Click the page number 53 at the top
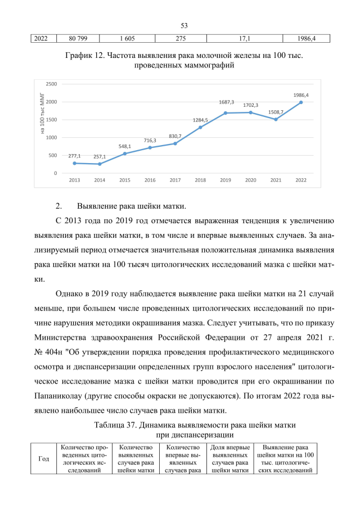[184, 25]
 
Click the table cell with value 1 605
[127, 38]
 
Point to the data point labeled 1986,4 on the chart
[301, 102]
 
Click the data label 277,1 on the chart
[75, 156]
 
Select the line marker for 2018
[200, 127]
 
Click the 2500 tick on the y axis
[51, 84]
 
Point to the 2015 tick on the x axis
[125, 180]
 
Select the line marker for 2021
[276, 119]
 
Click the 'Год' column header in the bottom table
[43, 458]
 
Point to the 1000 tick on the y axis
[51, 137]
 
